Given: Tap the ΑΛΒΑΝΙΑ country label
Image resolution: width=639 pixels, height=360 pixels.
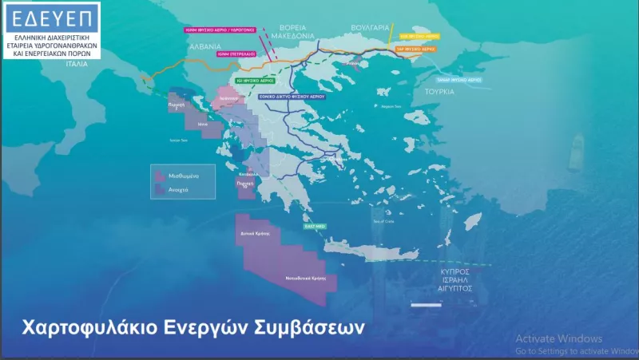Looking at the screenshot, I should point(204,47).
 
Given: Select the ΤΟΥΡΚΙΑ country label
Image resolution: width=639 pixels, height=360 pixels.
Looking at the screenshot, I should point(440,92).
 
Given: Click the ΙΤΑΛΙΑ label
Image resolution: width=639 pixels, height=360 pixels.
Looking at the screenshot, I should point(77,63).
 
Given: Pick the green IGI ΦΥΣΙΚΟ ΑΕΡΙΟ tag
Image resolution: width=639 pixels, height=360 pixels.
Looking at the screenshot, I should point(255,81).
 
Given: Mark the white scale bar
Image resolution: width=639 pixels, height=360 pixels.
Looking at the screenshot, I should point(424,304).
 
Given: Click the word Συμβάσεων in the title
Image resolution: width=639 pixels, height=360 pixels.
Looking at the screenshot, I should point(312,328).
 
